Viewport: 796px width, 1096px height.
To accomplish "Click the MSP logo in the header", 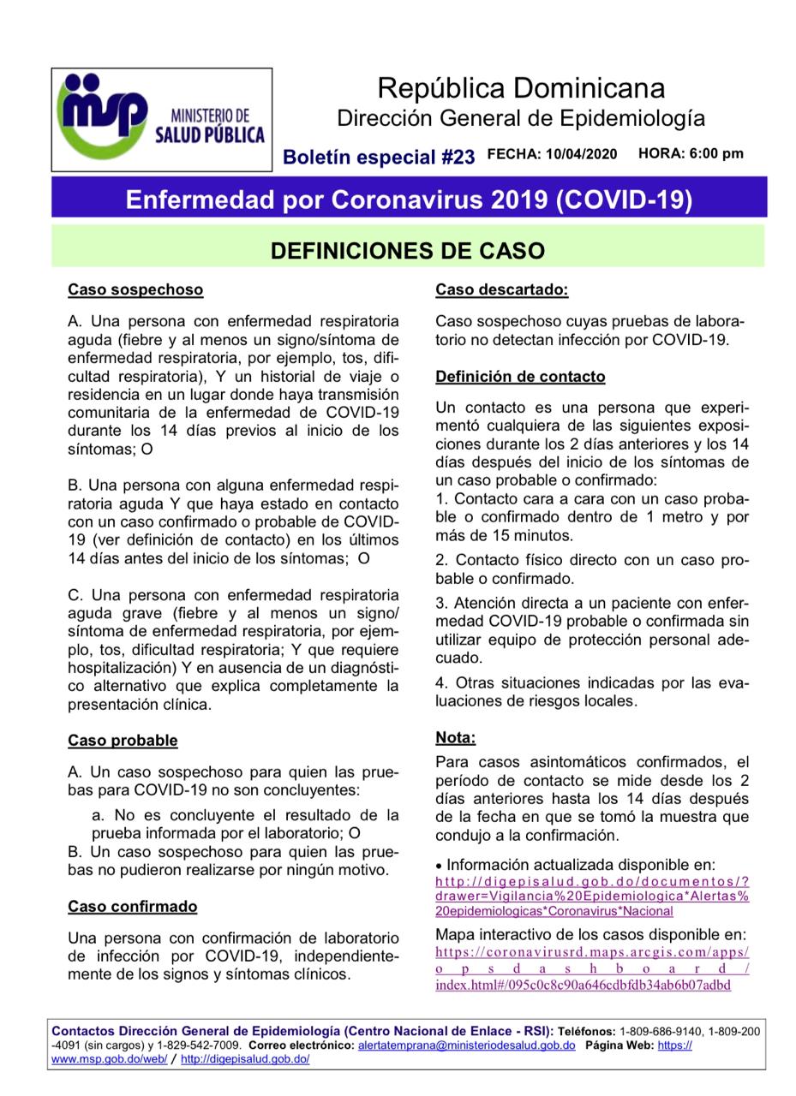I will [x=161, y=119].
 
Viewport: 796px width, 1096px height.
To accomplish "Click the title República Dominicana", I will [x=520, y=87].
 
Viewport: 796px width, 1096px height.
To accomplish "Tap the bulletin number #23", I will [x=458, y=157].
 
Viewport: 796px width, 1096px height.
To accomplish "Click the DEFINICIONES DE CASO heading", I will [x=408, y=251].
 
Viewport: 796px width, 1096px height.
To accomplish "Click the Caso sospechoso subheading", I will [x=135, y=289].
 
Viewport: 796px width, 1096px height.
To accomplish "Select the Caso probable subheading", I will [x=123, y=741].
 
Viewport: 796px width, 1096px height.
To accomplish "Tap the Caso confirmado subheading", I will [x=133, y=907].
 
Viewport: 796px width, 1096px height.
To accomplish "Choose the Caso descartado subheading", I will [x=501, y=289].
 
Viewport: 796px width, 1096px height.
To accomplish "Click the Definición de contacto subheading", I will [x=520, y=377].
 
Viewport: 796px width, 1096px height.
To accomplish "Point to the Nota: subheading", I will [x=455, y=737].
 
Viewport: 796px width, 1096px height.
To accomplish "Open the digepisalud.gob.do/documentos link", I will [x=592, y=896].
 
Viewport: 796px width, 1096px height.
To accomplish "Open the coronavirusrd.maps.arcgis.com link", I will [x=592, y=968].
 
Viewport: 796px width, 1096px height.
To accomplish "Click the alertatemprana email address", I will [x=466, y=1045].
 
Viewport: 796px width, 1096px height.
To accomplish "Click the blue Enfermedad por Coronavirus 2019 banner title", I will [x=409, y=199].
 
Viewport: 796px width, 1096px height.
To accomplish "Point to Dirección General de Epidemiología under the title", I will [x=520, y=117].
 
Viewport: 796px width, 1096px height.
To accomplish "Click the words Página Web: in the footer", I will [x=623, y=1045].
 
